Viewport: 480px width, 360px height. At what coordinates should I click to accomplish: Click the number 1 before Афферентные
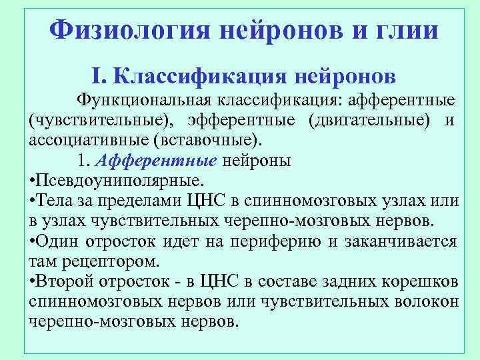[x=81, y=161]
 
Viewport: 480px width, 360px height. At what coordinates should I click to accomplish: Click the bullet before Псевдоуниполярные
[x=33, y=181]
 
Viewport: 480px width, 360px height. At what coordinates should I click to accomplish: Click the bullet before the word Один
[x=33, y=241]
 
